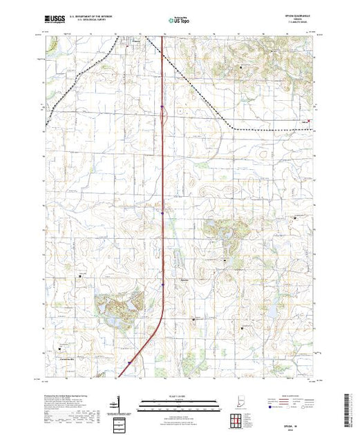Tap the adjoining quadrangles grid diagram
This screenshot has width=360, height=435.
click(x=238, y=419)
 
